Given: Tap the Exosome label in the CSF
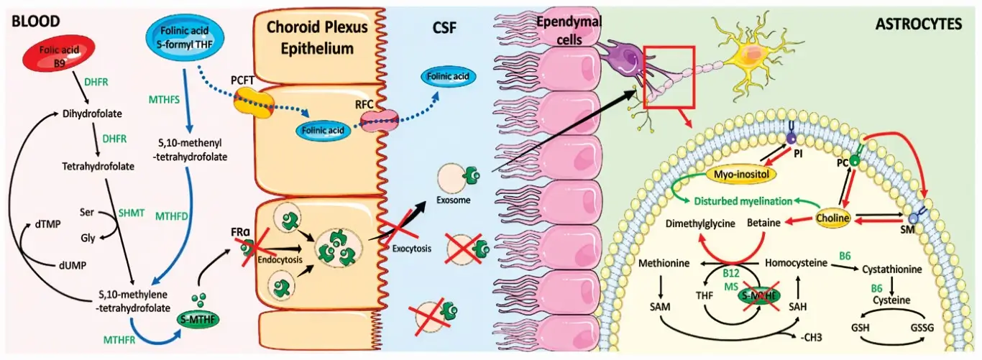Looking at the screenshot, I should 456,200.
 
